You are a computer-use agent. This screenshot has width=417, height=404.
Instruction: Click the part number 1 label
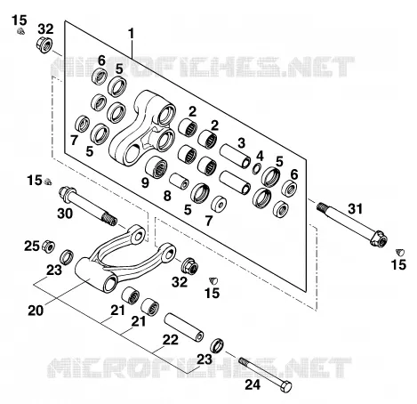[131, 34]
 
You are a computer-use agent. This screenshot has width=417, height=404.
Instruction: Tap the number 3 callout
[242, 142]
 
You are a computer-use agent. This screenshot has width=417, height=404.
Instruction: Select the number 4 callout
[260, 156]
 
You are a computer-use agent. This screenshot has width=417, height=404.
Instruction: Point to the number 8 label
[167, 196]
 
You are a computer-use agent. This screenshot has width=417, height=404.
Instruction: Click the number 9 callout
[145, 182]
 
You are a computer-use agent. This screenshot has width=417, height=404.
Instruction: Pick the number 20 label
[36, 311]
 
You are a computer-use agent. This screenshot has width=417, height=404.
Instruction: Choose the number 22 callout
[171, 340]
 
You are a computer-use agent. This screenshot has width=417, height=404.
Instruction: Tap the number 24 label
[253, 385]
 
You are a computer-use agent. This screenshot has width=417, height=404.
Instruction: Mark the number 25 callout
[32, 246]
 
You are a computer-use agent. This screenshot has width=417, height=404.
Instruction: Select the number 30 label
[65, 214]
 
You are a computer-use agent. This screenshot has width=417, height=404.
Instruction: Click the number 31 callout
[356, 209]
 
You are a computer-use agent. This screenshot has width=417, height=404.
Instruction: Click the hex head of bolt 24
[285, 386]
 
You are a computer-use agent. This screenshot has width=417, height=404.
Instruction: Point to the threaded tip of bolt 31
[321, 206]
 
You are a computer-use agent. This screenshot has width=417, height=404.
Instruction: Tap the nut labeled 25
[47, 246]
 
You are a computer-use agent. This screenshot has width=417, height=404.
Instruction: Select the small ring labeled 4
[257, 168]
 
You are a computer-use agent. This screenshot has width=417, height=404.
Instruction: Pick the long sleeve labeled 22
[184, 327]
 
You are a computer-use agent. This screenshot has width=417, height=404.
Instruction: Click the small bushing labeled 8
[179, 181]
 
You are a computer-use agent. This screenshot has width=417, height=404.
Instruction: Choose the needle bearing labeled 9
[156, 167]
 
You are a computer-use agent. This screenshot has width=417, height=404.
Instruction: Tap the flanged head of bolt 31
[379, 238]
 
